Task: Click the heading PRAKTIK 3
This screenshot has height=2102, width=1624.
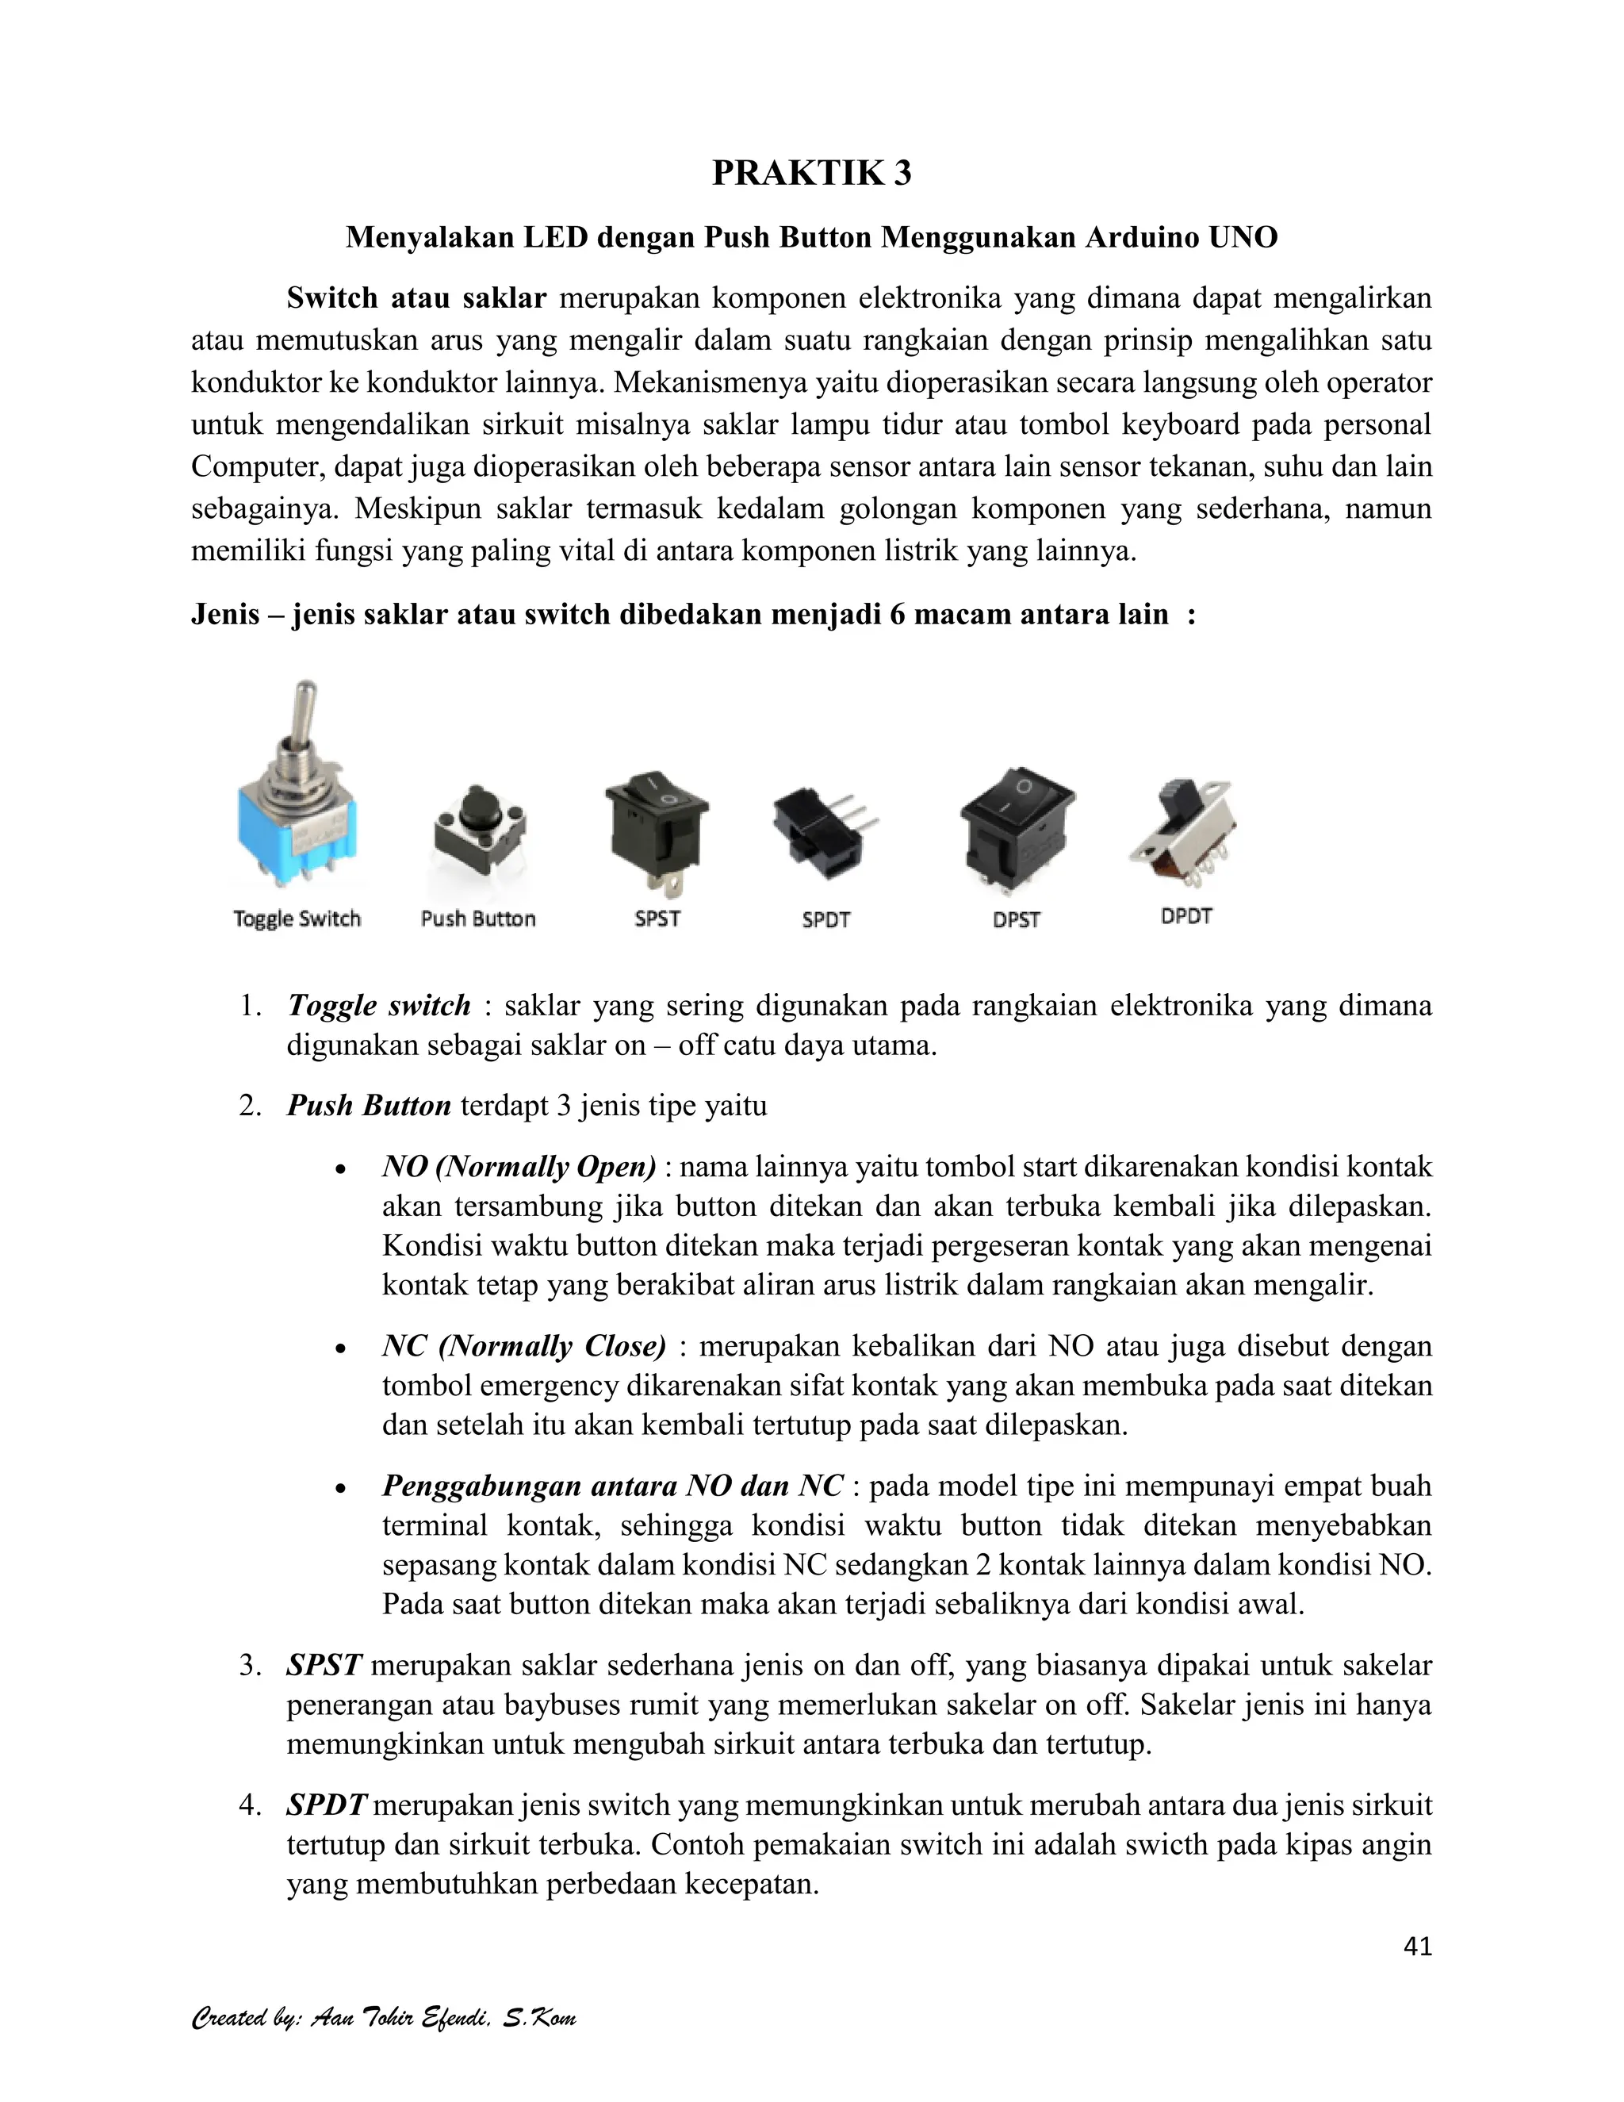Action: coord(811,173)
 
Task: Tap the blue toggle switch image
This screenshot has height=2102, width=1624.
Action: coord(297,827)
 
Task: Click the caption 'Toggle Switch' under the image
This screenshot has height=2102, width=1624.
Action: coord(297,919)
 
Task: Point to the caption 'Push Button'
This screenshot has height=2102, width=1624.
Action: coord(478,919)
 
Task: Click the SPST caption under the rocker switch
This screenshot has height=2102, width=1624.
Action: coord(657,919)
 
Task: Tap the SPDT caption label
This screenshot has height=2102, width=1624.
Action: coord(825,919)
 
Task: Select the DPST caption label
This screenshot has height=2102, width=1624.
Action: coord(1016,919)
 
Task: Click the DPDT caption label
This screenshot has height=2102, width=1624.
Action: coord(1185,916)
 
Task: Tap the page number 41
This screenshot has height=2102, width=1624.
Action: coord(1417,1946)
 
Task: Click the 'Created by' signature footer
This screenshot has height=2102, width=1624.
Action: coord(383,2017)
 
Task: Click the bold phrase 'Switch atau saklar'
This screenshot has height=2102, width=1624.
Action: coord(416,298)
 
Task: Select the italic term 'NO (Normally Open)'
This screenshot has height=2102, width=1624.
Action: coord(519,1167)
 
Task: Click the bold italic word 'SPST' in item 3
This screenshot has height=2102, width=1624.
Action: coord(324,1664)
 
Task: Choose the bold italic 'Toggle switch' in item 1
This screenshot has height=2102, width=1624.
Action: coord(378,1006)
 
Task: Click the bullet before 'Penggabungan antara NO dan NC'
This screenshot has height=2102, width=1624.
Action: coord(339,1488)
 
